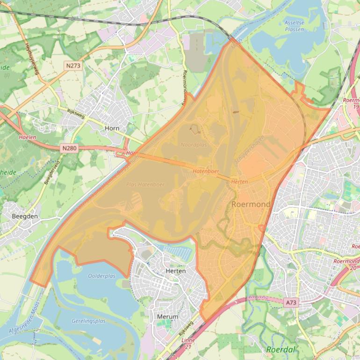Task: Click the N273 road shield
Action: coord(73,66)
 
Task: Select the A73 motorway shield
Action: coord(290,303)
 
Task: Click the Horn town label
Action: coord(112,128)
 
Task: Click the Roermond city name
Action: coord(251,205)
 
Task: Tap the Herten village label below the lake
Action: coord(176,271)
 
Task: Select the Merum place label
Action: coord(167,317)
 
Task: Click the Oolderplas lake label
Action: coord(101,276)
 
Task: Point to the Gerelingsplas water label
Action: coord(88,321)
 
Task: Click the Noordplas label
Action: coord(194,145)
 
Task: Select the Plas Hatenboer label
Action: coord(145,185)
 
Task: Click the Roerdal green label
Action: coord(281,349)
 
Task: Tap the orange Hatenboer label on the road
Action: coord(206,172)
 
